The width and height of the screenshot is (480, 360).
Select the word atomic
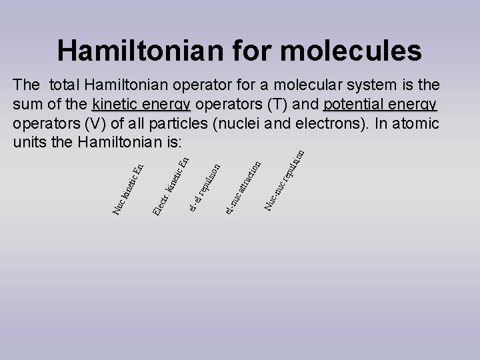coord(417,124)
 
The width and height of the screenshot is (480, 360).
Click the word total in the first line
coord(65,86)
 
